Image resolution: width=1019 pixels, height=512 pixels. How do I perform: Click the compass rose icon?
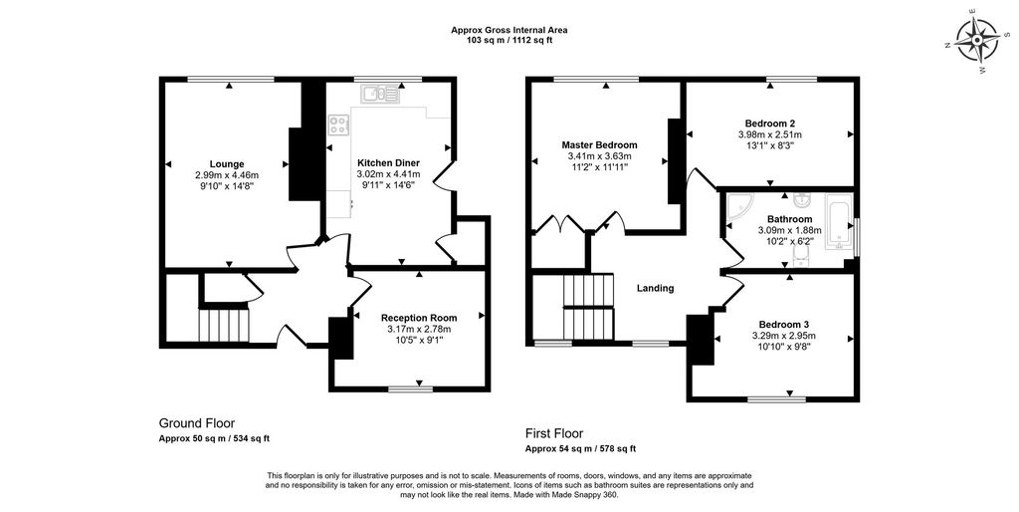coord(977,41)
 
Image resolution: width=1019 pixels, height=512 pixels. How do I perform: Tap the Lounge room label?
coord(227,164)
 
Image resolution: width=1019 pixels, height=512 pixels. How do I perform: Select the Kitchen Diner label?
coord(389,162)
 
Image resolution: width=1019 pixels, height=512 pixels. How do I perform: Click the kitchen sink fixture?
coord(381,95)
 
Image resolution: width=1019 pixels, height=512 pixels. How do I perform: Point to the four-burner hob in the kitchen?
coord(338,125)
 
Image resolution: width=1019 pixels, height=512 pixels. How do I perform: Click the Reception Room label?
coord(419,318)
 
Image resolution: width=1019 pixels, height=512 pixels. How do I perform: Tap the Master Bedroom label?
coord(599,145)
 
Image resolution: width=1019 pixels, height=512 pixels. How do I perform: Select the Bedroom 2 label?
coord(770,123)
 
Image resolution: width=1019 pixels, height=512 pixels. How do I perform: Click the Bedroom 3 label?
coord(784,324)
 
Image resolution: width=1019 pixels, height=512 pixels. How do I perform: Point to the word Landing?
coord(655,288)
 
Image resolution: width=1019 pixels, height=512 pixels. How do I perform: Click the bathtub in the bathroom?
coord(838,221)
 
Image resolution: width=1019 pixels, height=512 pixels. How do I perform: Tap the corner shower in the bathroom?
coord(739,206)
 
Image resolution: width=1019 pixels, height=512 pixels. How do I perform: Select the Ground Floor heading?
coord(197,423)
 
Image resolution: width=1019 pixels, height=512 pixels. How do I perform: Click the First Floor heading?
coord(554,433)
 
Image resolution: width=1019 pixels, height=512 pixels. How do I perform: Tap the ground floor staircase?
coord(224,325)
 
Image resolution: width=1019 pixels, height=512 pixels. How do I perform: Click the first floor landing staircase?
coord(588,307)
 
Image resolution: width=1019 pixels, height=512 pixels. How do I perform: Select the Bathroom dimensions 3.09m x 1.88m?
coord(789,230)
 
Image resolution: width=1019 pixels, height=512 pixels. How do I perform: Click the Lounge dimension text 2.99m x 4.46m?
coord(227,175)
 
